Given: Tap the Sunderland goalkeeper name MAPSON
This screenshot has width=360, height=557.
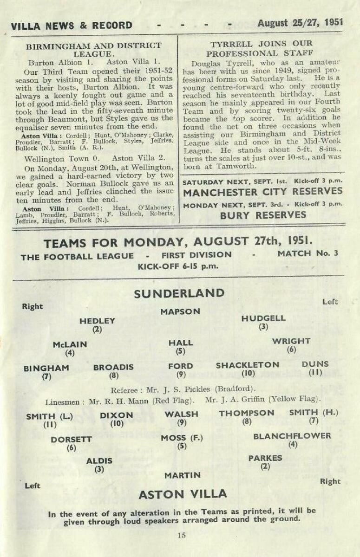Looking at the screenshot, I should click(180, 312).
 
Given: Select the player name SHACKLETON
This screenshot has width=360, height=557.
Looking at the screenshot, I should click(248, 365).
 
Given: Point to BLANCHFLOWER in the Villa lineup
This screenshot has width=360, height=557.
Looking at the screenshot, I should click(292, 436).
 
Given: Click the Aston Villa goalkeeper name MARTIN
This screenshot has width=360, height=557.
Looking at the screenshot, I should click(183, 475).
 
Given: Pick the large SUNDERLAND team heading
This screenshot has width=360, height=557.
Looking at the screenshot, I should click(179, 293).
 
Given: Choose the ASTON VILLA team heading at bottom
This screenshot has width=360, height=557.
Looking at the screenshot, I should click(183, 494).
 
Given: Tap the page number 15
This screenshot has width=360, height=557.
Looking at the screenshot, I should click(181, 535).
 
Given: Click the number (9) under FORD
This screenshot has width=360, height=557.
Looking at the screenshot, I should click(181, 375).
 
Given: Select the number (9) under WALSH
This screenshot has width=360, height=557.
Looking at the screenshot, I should click(182, 422).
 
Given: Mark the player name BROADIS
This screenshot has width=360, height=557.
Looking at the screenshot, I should click(113, 367).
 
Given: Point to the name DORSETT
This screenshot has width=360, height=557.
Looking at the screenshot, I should click(72, 439).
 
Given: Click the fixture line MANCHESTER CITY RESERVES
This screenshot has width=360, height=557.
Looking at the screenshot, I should click(262, 191).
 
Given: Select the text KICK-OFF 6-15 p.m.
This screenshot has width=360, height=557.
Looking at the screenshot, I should click(178, 267).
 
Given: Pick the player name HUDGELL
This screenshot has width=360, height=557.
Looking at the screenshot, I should click(263, 318).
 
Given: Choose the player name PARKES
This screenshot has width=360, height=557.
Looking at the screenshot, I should click(265, 458).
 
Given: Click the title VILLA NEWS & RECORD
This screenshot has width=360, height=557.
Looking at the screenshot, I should click(72, 26).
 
